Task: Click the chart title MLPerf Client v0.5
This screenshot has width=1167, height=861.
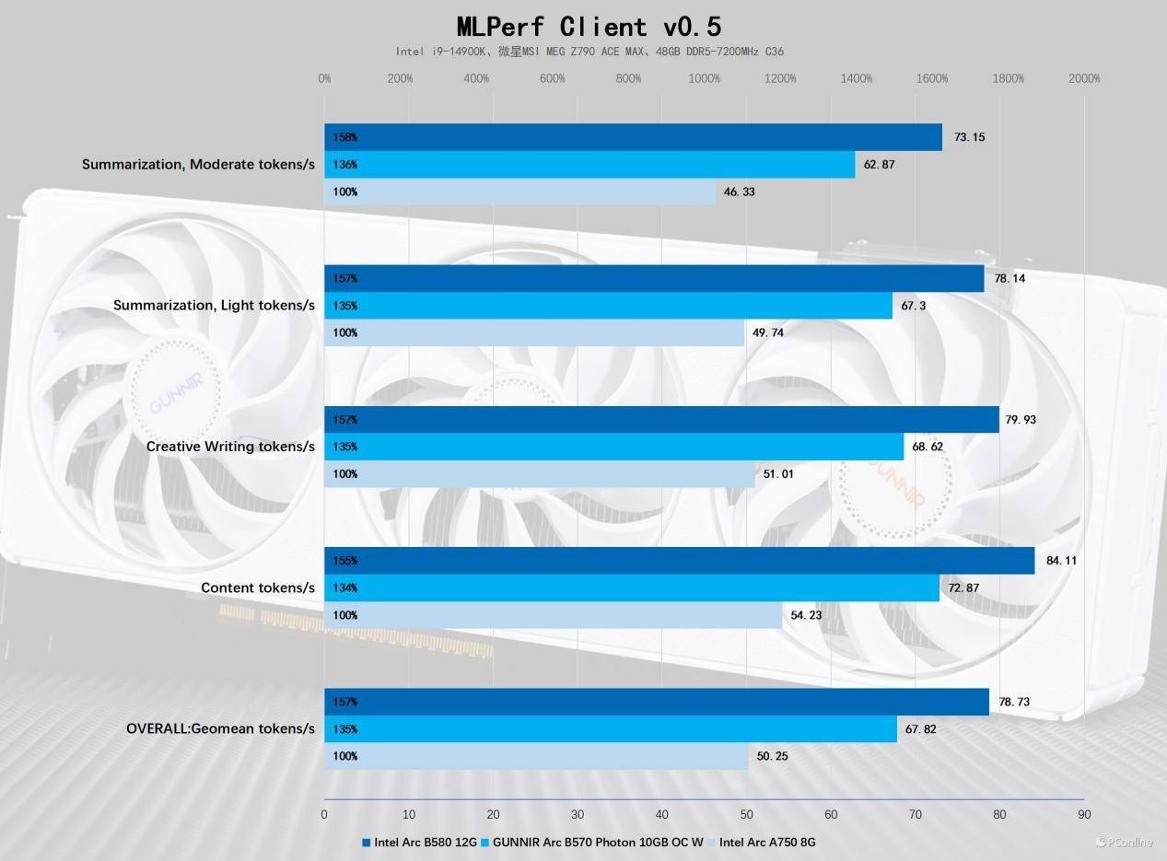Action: pos(583,26)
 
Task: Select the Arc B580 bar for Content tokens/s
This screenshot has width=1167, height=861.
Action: pos(679,561)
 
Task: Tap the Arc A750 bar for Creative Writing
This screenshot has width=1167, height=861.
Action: pos(539,474)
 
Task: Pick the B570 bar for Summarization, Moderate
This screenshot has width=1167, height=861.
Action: pos(589,165)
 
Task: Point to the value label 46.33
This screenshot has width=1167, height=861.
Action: pos(740,192)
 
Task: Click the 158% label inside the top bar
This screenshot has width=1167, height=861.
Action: pos(345,137)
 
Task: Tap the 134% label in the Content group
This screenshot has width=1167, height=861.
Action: pos(345,588)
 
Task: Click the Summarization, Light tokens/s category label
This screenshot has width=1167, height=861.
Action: pos(214,305)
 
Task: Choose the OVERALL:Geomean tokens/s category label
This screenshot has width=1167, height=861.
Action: pos(220,728)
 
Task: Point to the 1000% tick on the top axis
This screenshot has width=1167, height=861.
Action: pos(705,79)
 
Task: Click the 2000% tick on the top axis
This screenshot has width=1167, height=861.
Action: pos(1084,79)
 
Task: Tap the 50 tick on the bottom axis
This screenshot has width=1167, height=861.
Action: pos(746,814)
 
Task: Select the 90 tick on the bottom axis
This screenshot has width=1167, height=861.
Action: pos(1084,814)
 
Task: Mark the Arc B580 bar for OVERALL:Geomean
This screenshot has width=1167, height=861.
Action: pos(656,702)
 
